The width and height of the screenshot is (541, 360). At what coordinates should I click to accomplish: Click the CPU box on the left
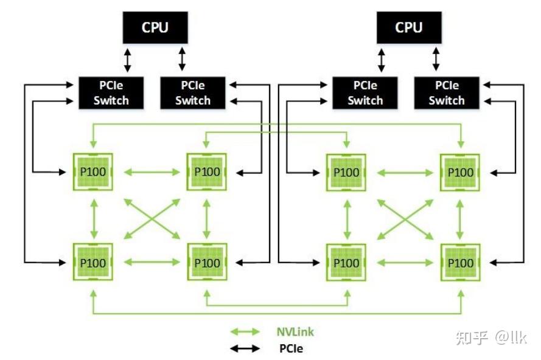click(156, 27)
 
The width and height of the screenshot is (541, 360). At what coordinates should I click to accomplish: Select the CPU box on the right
click(409, 27)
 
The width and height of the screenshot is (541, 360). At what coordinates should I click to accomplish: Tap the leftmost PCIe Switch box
click(111, 93)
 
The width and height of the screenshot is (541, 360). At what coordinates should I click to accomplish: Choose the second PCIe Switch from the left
click(192, 93)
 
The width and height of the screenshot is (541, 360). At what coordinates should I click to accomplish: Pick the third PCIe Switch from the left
click(365, 93)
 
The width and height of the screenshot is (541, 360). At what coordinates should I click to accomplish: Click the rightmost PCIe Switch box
click(446, 93)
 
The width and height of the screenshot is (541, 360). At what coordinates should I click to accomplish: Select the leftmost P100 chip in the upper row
click(94, 172)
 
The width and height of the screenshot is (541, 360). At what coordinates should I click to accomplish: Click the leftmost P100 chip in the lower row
click(94, 263)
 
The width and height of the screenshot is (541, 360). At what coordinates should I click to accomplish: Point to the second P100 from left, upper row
click(208, 172)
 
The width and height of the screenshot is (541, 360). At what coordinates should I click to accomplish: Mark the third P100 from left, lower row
click(347, 263)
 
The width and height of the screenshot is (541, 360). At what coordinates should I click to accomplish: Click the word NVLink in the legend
click(295, 332)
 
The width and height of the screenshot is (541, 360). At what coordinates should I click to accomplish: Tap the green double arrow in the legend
click(246, 332)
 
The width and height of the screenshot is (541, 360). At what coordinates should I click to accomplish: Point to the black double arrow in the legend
click(246, 349)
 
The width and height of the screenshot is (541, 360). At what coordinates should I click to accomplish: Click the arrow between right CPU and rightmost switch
click(436, 60)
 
